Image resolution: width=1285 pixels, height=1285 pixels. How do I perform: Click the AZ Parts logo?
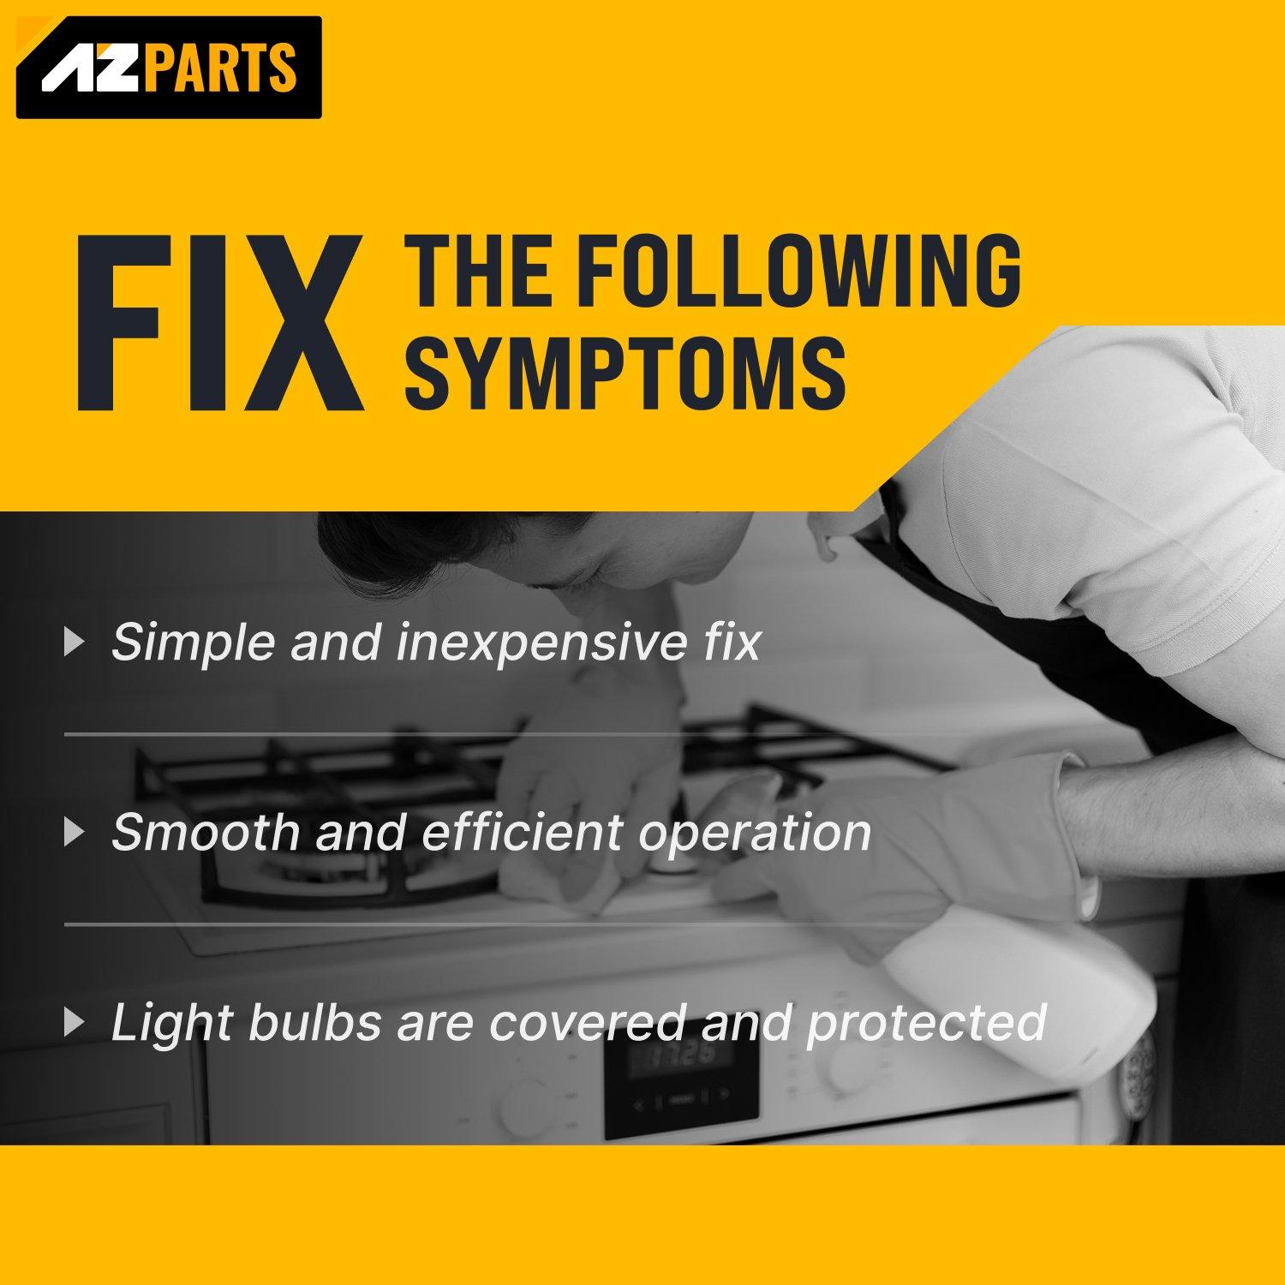click(x=169, y=67)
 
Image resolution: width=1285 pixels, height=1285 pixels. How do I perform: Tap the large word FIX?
click(x=219, y=323)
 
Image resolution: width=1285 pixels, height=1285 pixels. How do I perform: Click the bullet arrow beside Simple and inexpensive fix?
click(x=75, y=642)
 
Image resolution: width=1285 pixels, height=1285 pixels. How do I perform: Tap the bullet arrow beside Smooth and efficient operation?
click(x=75, y=832)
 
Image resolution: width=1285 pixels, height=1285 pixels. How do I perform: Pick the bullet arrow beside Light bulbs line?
click(x=75, y=1022)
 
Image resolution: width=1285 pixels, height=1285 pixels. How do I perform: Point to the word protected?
click(x=926, y=1024)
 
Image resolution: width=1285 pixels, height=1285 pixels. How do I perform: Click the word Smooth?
click(x=206, y=831)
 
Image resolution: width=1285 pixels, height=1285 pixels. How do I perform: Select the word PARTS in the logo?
click(x=220, y=67)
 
